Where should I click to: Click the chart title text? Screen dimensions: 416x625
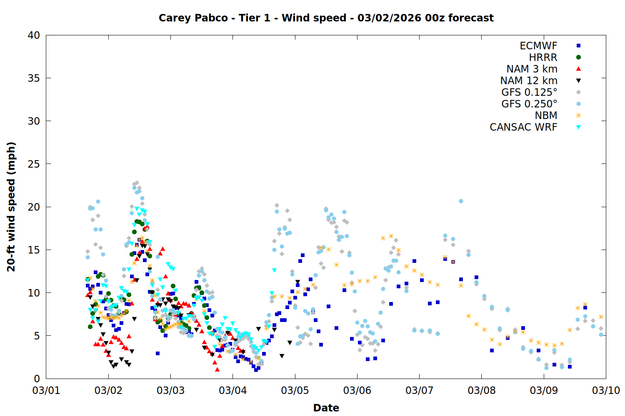(326, 18)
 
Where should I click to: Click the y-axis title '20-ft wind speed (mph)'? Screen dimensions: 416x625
(11, 207)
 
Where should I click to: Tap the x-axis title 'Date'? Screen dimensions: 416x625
(326, 408)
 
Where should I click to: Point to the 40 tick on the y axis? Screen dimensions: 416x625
(34, 35)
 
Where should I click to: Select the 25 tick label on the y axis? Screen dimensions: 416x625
(34, 164)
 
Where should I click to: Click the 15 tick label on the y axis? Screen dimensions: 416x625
(34, 250)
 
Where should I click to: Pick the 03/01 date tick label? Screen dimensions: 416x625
(46, 391)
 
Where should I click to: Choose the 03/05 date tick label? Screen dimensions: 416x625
(295, 391)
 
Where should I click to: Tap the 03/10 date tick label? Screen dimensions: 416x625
(606, 391)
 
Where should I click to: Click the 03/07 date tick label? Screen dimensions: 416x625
(419, 391)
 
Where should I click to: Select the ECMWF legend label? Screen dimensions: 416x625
(538, 46)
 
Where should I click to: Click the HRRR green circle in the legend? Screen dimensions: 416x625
(578, 57)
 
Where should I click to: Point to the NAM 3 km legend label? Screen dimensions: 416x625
(532, 69)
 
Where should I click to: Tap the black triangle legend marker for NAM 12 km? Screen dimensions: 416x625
(578, 81)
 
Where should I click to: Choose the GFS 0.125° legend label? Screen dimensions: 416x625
(529, 92)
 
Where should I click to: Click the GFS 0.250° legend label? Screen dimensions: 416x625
(529, 104)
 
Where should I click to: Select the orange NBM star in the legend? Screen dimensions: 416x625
(578, 116)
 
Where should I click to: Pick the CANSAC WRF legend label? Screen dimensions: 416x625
(523, 127)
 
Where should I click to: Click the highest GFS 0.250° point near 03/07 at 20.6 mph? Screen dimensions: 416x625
(461, 201)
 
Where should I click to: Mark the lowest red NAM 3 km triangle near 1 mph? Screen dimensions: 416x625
(217, 369)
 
